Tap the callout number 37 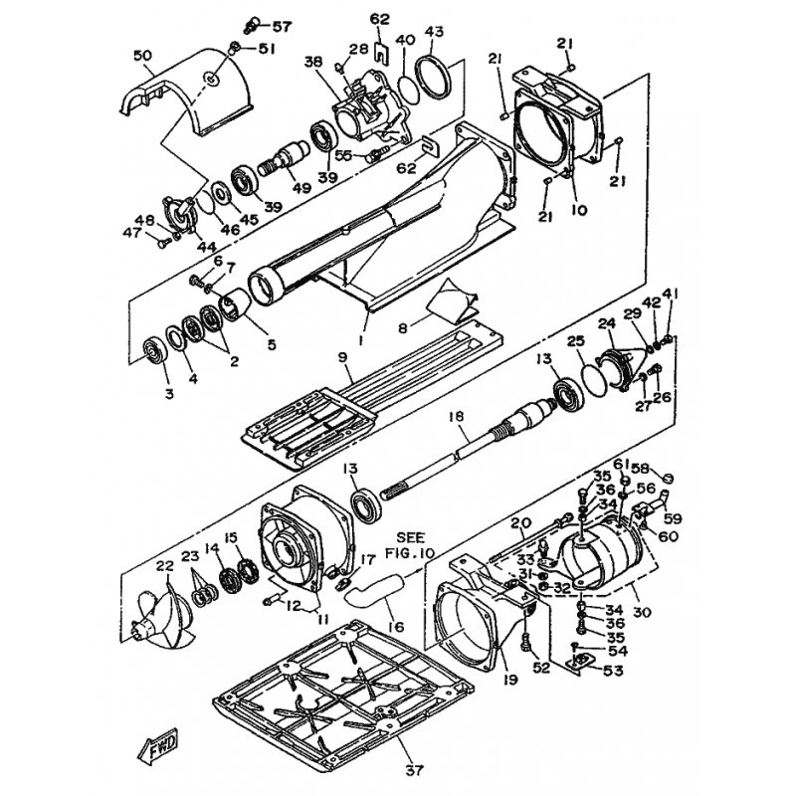(414, 769)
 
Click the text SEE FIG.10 (415, 544)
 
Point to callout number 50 (142, 55)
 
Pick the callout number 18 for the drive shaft (457, 417)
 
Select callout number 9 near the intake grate (342, 357)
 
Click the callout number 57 (283, 26)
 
